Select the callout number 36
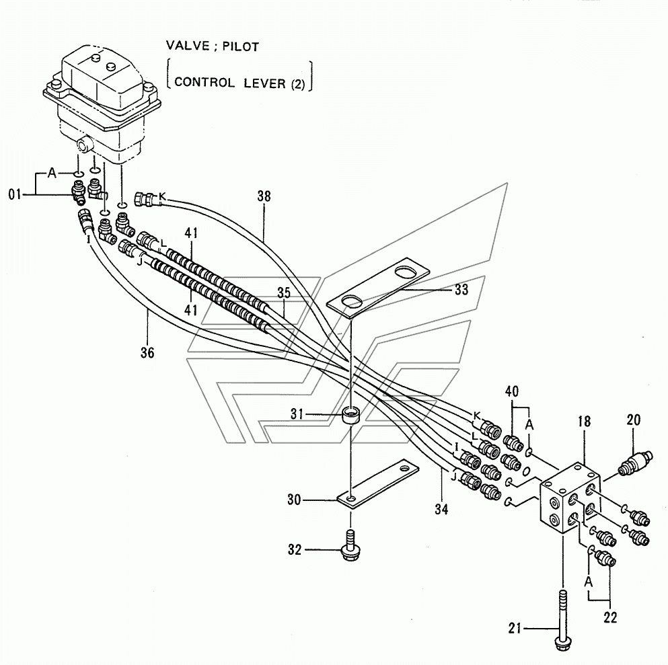(x=148, y=351)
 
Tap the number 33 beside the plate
(x=461, y=290)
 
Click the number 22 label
(x=609, y=615)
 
